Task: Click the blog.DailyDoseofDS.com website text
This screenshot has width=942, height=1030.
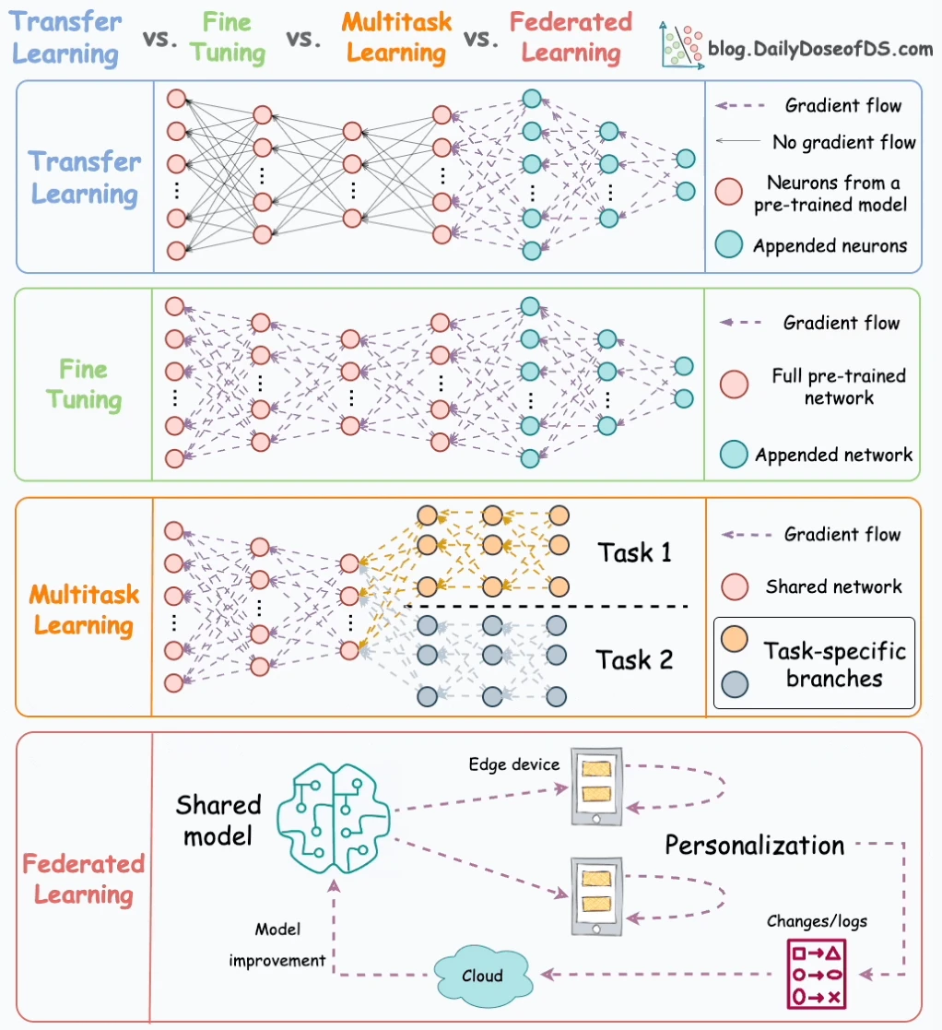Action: coord(820,49)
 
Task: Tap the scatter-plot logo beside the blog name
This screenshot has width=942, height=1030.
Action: coord(681,44)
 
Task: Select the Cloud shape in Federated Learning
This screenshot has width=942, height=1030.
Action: coord(483,976)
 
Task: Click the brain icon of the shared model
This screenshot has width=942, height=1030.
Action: coord(334,818)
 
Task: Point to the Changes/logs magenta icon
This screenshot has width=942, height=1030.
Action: coord(817,974)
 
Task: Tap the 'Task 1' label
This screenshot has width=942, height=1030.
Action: coord(634,552)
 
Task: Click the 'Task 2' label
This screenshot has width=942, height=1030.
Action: coord(634,659)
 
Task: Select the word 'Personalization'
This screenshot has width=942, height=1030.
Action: coord(754,846)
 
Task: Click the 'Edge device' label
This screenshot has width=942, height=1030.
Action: coord(514,764)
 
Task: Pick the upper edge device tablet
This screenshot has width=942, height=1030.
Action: coord(596,787)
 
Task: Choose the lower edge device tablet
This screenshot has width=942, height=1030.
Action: coord(596,896)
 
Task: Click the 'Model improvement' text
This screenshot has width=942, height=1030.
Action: coord(277,944)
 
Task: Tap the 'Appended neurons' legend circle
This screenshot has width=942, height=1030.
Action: coord(729,244)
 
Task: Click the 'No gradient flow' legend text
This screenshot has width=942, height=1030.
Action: coord(843,142)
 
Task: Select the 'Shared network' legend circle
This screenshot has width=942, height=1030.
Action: coord(735,586)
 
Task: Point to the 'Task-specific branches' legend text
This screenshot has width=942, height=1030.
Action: coord(834,664)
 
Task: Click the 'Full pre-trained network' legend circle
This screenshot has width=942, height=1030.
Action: coord(734,385)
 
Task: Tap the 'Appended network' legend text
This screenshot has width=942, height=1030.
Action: coord(833,455)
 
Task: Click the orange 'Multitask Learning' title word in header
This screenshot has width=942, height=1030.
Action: coord(396,38)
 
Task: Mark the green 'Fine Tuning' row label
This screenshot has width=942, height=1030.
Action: coord(83,385)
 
